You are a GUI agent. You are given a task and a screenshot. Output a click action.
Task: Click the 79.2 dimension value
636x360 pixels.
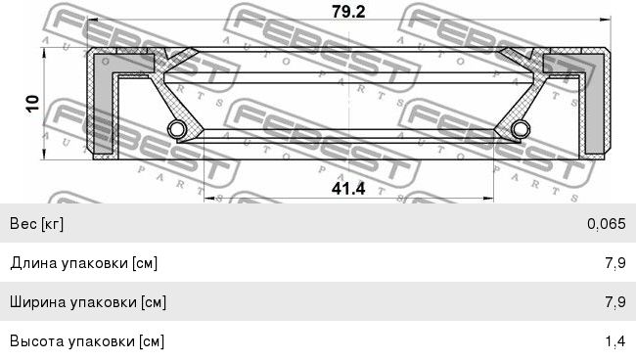pos(348,12)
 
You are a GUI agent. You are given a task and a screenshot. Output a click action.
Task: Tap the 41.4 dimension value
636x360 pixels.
pos(348,189)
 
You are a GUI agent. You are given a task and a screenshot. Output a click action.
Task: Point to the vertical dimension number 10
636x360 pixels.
pos(32,104)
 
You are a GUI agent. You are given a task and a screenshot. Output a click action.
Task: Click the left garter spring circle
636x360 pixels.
pos(177,129)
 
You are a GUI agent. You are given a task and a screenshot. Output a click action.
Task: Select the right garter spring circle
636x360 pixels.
pos(521,129)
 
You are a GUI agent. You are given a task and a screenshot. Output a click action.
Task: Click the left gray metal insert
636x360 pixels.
pos(104,102)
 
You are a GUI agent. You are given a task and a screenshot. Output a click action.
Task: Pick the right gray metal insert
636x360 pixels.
pos(593,102)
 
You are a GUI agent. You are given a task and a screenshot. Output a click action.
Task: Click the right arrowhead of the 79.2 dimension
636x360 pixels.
pos(606,19)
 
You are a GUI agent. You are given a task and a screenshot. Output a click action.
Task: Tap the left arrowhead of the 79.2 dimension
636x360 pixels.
pos(93,19)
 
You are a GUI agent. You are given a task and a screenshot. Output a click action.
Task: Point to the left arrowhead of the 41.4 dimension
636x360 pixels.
pos(209,199)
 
